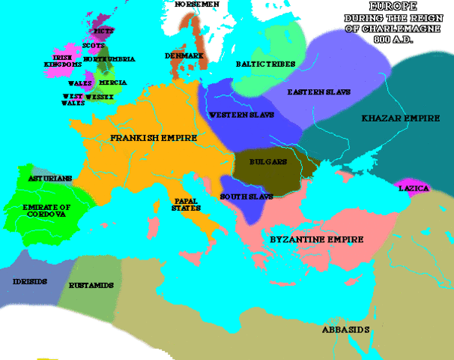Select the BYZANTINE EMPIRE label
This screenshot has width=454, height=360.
point(316,240)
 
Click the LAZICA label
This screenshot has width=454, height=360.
point(414,188)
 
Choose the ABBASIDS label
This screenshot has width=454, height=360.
point(344,329)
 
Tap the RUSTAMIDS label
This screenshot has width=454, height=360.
point(91,286)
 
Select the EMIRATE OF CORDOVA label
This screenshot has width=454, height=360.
point(46,211)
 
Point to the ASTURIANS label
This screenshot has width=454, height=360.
point(49,178)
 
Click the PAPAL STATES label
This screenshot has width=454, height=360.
point(186,205)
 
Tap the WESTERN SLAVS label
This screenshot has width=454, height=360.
point(241,115)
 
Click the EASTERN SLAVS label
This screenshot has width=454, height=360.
point(314,91)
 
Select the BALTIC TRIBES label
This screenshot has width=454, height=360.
point(264,64)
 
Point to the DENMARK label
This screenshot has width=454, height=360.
point(185,55)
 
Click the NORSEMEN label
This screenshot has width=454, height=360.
point(196,4)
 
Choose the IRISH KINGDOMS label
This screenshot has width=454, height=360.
point(65,61)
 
